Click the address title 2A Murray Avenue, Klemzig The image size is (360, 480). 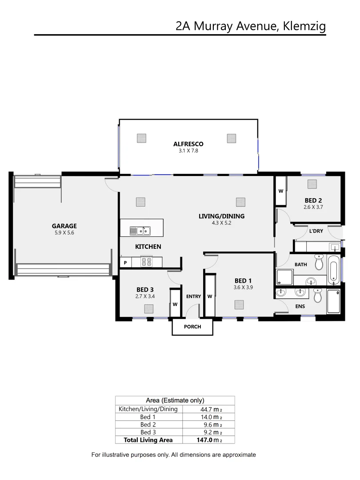[x=251, y=26]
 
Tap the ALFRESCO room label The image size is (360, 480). [x=188, y=144]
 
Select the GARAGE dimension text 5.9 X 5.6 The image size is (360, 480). [x=64, y=232]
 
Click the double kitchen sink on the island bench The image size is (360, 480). [x=140, y=231]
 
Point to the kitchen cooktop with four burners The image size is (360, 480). [x=146, y=262]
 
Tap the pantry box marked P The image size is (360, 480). [x=125, y=263]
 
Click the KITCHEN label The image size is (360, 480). [x=148, y=246]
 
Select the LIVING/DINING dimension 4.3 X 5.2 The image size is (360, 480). [x=221, y=223]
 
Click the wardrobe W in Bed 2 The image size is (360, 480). [x=281, y=191]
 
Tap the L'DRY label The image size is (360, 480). [x=316, y=231]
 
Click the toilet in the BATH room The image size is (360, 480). [x=319, y=263]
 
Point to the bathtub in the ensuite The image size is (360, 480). [x=333, y=301]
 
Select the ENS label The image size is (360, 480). [x=300, y=306]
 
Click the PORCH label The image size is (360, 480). [x=192, y=327]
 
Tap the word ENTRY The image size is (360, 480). [x=193, y=296]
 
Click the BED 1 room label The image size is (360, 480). [x=243, y=280]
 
